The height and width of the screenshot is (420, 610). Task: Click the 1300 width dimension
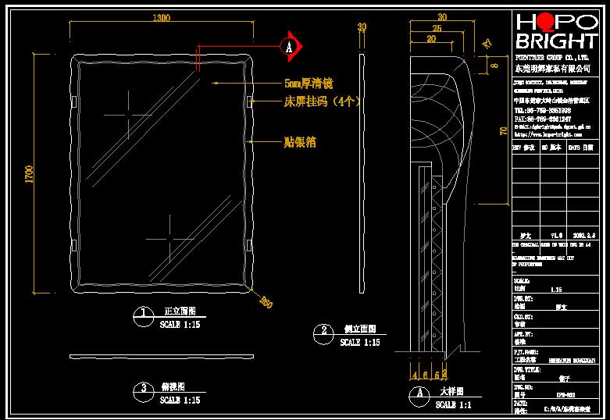coord(161,17)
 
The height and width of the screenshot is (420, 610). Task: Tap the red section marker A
coord(291,47)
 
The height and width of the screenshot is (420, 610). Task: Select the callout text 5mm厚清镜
coord(309,83)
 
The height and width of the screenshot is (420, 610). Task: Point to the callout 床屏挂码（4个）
coord(321,101)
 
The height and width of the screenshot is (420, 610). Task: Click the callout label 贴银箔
coord(300,143)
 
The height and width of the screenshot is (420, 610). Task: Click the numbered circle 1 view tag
coord(142,315)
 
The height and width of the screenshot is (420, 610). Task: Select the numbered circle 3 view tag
coord(143,390)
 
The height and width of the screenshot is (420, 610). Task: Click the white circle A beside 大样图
coord(419,394)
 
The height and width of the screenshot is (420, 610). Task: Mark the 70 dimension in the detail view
coord(504,130)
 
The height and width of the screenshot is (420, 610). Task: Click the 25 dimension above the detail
coord(437,28)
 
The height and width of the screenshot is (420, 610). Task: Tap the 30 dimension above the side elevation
coord(362,27)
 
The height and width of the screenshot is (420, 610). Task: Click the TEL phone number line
coord(542,111)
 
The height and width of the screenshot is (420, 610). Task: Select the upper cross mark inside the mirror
coord(127,116)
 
